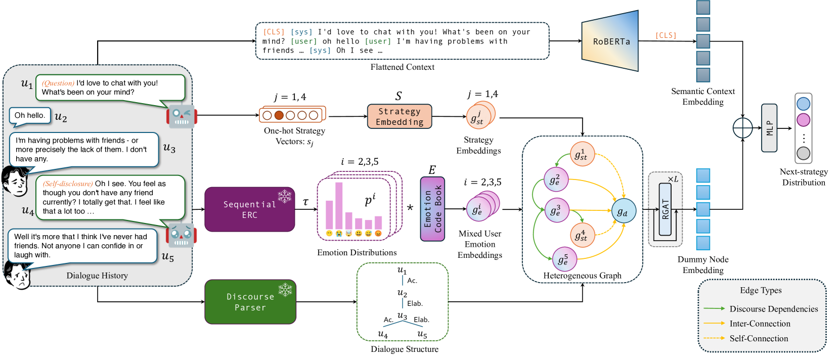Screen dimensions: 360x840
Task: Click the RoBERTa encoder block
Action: pos(610,41)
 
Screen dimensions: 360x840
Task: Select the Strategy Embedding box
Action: pos(400,117)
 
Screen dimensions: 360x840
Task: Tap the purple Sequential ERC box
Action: pos(249,209)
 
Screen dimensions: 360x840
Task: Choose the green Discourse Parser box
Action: pos(250,302)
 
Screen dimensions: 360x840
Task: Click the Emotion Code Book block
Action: pos(432,209)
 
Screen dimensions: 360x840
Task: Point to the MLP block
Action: pos(769,128)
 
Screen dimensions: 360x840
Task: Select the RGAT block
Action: pos(666,209)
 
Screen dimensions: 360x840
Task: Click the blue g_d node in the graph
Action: pos(623,212)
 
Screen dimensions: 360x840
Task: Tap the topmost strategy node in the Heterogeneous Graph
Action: pos(582,155)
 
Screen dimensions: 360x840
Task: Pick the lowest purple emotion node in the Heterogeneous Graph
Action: pos(564,259)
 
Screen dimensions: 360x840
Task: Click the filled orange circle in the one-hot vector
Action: pos(279,115)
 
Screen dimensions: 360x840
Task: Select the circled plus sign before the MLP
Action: pos(742,128)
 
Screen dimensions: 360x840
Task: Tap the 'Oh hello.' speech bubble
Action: pos(30,116)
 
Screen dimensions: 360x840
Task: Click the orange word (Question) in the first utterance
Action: pos(58,83)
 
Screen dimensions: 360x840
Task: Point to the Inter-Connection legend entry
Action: pos(760,324)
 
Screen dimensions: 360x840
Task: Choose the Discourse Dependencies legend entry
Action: pos(773,309)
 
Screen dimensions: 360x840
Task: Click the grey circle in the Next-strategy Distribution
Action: pos(803,153)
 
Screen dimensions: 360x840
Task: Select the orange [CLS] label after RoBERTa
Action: pos(666,35)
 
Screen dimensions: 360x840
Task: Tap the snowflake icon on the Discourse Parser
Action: pos(285,290)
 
